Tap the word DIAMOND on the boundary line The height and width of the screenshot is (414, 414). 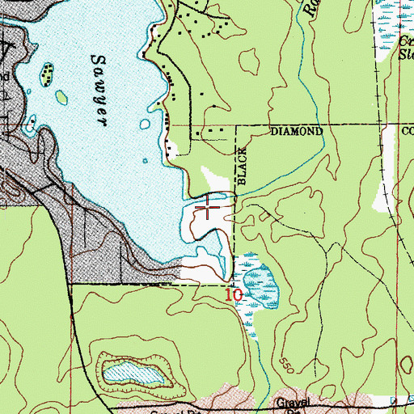(296, 131)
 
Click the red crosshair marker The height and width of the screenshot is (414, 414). (209, 208)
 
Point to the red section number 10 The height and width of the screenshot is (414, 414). (233, 296)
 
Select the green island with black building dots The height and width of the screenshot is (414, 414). (49, 74)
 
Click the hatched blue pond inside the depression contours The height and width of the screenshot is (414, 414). (134, 373)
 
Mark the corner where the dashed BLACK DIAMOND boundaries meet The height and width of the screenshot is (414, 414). (235, 127)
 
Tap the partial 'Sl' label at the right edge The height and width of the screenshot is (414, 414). (405, 55)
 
